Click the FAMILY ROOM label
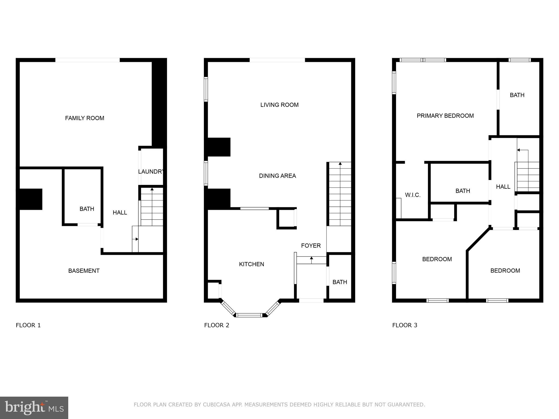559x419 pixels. (85, 118)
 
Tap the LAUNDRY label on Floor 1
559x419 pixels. (151, 172)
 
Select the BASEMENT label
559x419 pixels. (84, 271)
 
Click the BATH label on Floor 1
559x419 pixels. (87, 209)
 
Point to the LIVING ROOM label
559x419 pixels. (279, 105)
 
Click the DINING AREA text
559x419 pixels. (277, 176)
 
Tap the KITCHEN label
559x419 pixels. (251, 264)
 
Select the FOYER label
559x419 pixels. (311, 246)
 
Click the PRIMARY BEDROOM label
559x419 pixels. (445, 116)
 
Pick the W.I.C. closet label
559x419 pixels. (413, 195)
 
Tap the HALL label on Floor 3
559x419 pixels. (503, 187)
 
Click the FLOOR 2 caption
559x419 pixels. (216, 325)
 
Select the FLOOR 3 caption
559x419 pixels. (405, 325)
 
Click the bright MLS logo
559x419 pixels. (34, 408)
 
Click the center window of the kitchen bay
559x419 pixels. (249, 315)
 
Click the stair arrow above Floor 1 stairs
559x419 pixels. (152, 189)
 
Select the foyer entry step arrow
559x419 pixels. (311, 258)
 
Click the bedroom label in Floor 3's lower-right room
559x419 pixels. (505, 271)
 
